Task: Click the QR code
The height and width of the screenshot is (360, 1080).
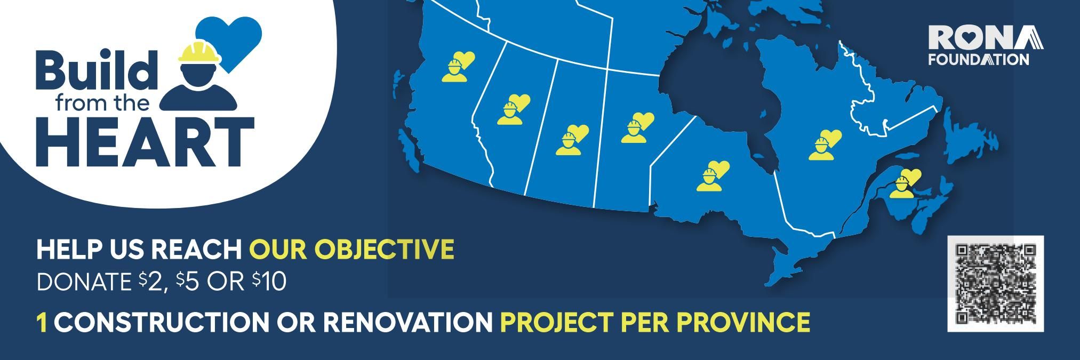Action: (995, 284)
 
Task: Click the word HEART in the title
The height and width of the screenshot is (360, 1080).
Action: (145, 141)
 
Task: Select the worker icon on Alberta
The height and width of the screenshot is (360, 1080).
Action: (514, 109)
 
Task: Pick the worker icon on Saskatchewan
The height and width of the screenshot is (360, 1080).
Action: (572, 140)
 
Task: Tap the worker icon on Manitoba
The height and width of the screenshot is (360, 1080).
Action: (637, 128)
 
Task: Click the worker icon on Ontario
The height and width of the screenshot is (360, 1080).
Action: (713, 175)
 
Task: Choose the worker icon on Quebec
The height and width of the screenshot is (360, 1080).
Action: (825, 145)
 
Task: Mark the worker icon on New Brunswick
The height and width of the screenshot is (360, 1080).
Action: (905, 183)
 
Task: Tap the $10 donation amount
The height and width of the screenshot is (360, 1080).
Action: (269, 282)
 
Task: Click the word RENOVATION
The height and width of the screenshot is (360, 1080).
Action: (408, 322)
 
